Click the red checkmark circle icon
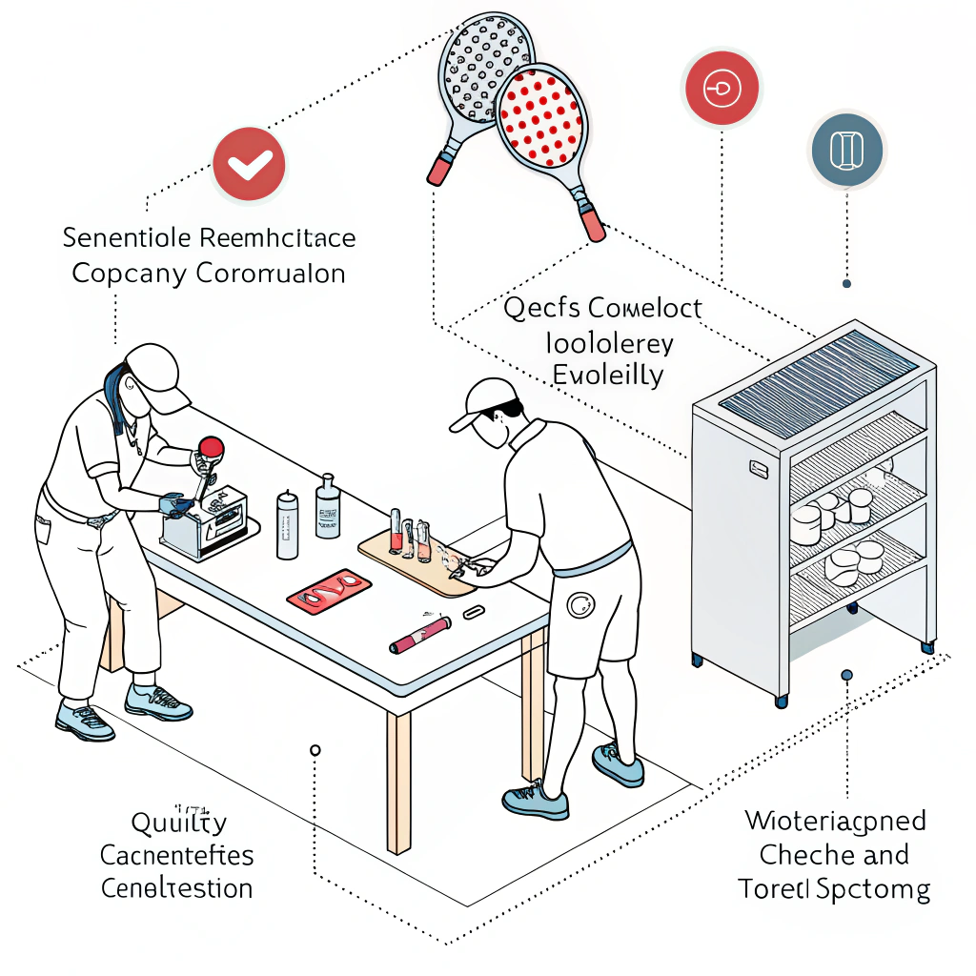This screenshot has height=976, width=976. pyautogui.click(x=249, y=163)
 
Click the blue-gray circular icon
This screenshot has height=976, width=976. pyautogui.click(x=847, y=151)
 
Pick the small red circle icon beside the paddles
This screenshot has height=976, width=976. pyautogui.click(x=721, y=89)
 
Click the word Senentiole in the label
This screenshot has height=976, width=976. pyautogui.click(x=126, y=236)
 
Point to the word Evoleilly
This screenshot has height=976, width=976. pyautogui.click(x=607, y=375)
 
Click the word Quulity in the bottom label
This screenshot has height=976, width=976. pyautogui.click(x=178, y=823)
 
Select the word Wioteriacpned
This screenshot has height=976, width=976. pyautogui.click(x=835, y=820)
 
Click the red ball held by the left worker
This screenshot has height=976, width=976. pyautogui.click(x=211, y=447)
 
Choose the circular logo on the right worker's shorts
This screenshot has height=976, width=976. pyautogui.click(x=579, y=603)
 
